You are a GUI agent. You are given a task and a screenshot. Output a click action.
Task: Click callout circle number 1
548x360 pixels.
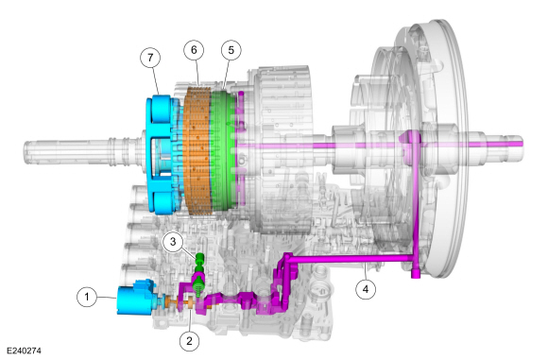(x=87, y=297)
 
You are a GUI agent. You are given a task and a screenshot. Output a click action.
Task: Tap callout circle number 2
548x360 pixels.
(x=189, y=341)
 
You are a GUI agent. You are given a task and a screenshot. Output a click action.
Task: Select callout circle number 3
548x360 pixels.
(x=173, y=242)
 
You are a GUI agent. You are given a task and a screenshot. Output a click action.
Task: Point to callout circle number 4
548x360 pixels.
(x=366, y=289)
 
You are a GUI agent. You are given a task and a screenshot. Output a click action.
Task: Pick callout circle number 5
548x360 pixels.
(x=231, y=50)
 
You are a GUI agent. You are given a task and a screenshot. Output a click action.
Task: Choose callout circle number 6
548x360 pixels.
(x=194, y=50)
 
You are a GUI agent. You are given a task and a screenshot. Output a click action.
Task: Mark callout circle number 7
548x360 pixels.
(x=150, y=58)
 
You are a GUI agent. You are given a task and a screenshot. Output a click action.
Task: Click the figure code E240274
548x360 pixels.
(x=25, y=351)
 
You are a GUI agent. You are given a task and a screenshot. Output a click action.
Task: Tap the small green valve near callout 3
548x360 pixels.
(x=199, y=273)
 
